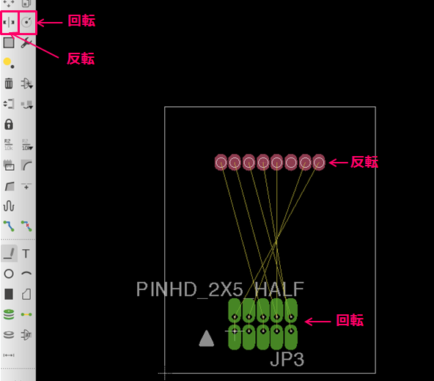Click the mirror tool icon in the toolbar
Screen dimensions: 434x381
[9, 22]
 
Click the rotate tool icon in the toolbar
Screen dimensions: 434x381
[26, 22]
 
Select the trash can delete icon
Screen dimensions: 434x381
[9, 83]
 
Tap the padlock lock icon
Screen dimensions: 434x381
[9, 125]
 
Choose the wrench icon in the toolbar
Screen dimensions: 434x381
[26, 42]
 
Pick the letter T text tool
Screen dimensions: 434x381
[26, 254]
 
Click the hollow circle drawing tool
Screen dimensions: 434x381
[9, 273]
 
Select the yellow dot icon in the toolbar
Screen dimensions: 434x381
[8, 62]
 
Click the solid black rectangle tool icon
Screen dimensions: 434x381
[9, 294]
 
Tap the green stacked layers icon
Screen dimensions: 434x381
[9, 314]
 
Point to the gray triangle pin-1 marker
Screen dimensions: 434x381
[207, 339]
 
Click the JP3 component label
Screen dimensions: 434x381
[287, 360]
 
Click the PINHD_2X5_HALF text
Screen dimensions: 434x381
[220, 289]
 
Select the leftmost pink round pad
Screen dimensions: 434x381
[221, 163]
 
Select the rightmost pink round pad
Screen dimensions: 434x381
[319, 163]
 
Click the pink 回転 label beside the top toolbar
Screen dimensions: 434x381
[81, 21]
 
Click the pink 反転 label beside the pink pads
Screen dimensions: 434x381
[364, 162]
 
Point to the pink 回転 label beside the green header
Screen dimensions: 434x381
[350, 320]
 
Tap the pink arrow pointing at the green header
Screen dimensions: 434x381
[317, 322]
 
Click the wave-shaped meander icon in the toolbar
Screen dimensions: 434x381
[9, 206]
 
